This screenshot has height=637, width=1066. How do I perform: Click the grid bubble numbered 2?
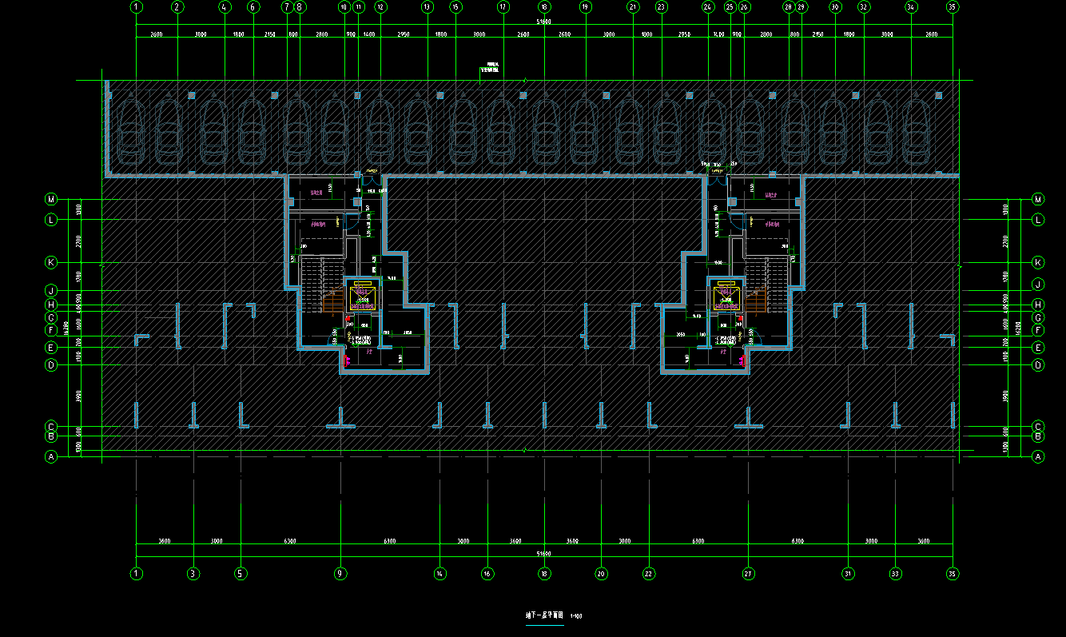(177, 7)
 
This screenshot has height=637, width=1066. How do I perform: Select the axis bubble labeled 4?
(225, 7)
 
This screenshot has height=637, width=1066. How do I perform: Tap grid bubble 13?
(428, 7)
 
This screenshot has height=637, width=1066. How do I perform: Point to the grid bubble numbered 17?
(503, 7)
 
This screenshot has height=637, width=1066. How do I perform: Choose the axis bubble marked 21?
(633, 7)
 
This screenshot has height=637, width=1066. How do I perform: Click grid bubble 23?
(661, 7)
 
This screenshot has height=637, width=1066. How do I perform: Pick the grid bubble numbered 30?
(835, 7)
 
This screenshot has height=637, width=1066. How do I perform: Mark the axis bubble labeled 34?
(911, 7)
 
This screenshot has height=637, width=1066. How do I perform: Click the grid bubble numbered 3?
(193, 573)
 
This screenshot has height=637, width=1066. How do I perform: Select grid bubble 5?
(241, 573)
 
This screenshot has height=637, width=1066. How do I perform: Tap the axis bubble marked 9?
(340, 573)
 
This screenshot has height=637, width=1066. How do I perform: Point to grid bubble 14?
(440, 573)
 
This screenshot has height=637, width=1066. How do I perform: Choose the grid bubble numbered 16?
(487, 573)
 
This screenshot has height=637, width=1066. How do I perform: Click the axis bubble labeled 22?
(649, 573)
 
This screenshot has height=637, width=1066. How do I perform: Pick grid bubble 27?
(748, 573)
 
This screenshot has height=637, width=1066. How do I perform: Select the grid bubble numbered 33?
(895, 573)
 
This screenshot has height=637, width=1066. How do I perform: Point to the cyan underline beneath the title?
(544, 624)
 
